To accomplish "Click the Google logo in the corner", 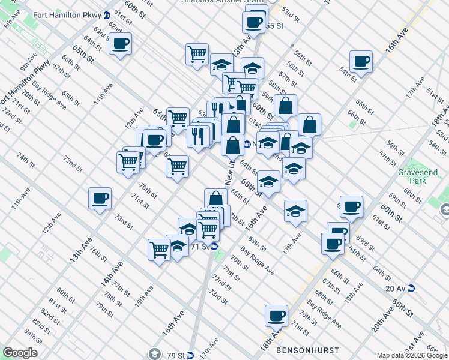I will pyautogui.click(x=20, y=353).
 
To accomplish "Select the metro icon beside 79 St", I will pyautogui.click(x=191, y=355).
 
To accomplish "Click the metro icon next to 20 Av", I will pyautogui.click(x=411, y=288).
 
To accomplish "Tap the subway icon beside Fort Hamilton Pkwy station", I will pyautogui.click(x=106, y=15).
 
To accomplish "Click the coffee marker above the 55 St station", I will pyautogui.click(x=253, y=23).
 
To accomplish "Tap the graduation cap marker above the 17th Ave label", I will pyautogui.click(x=295, y=211).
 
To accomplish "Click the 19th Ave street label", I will pyautogui.click(x=354, y=290).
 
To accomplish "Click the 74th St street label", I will pyautogui.click(x=25, y=160).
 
